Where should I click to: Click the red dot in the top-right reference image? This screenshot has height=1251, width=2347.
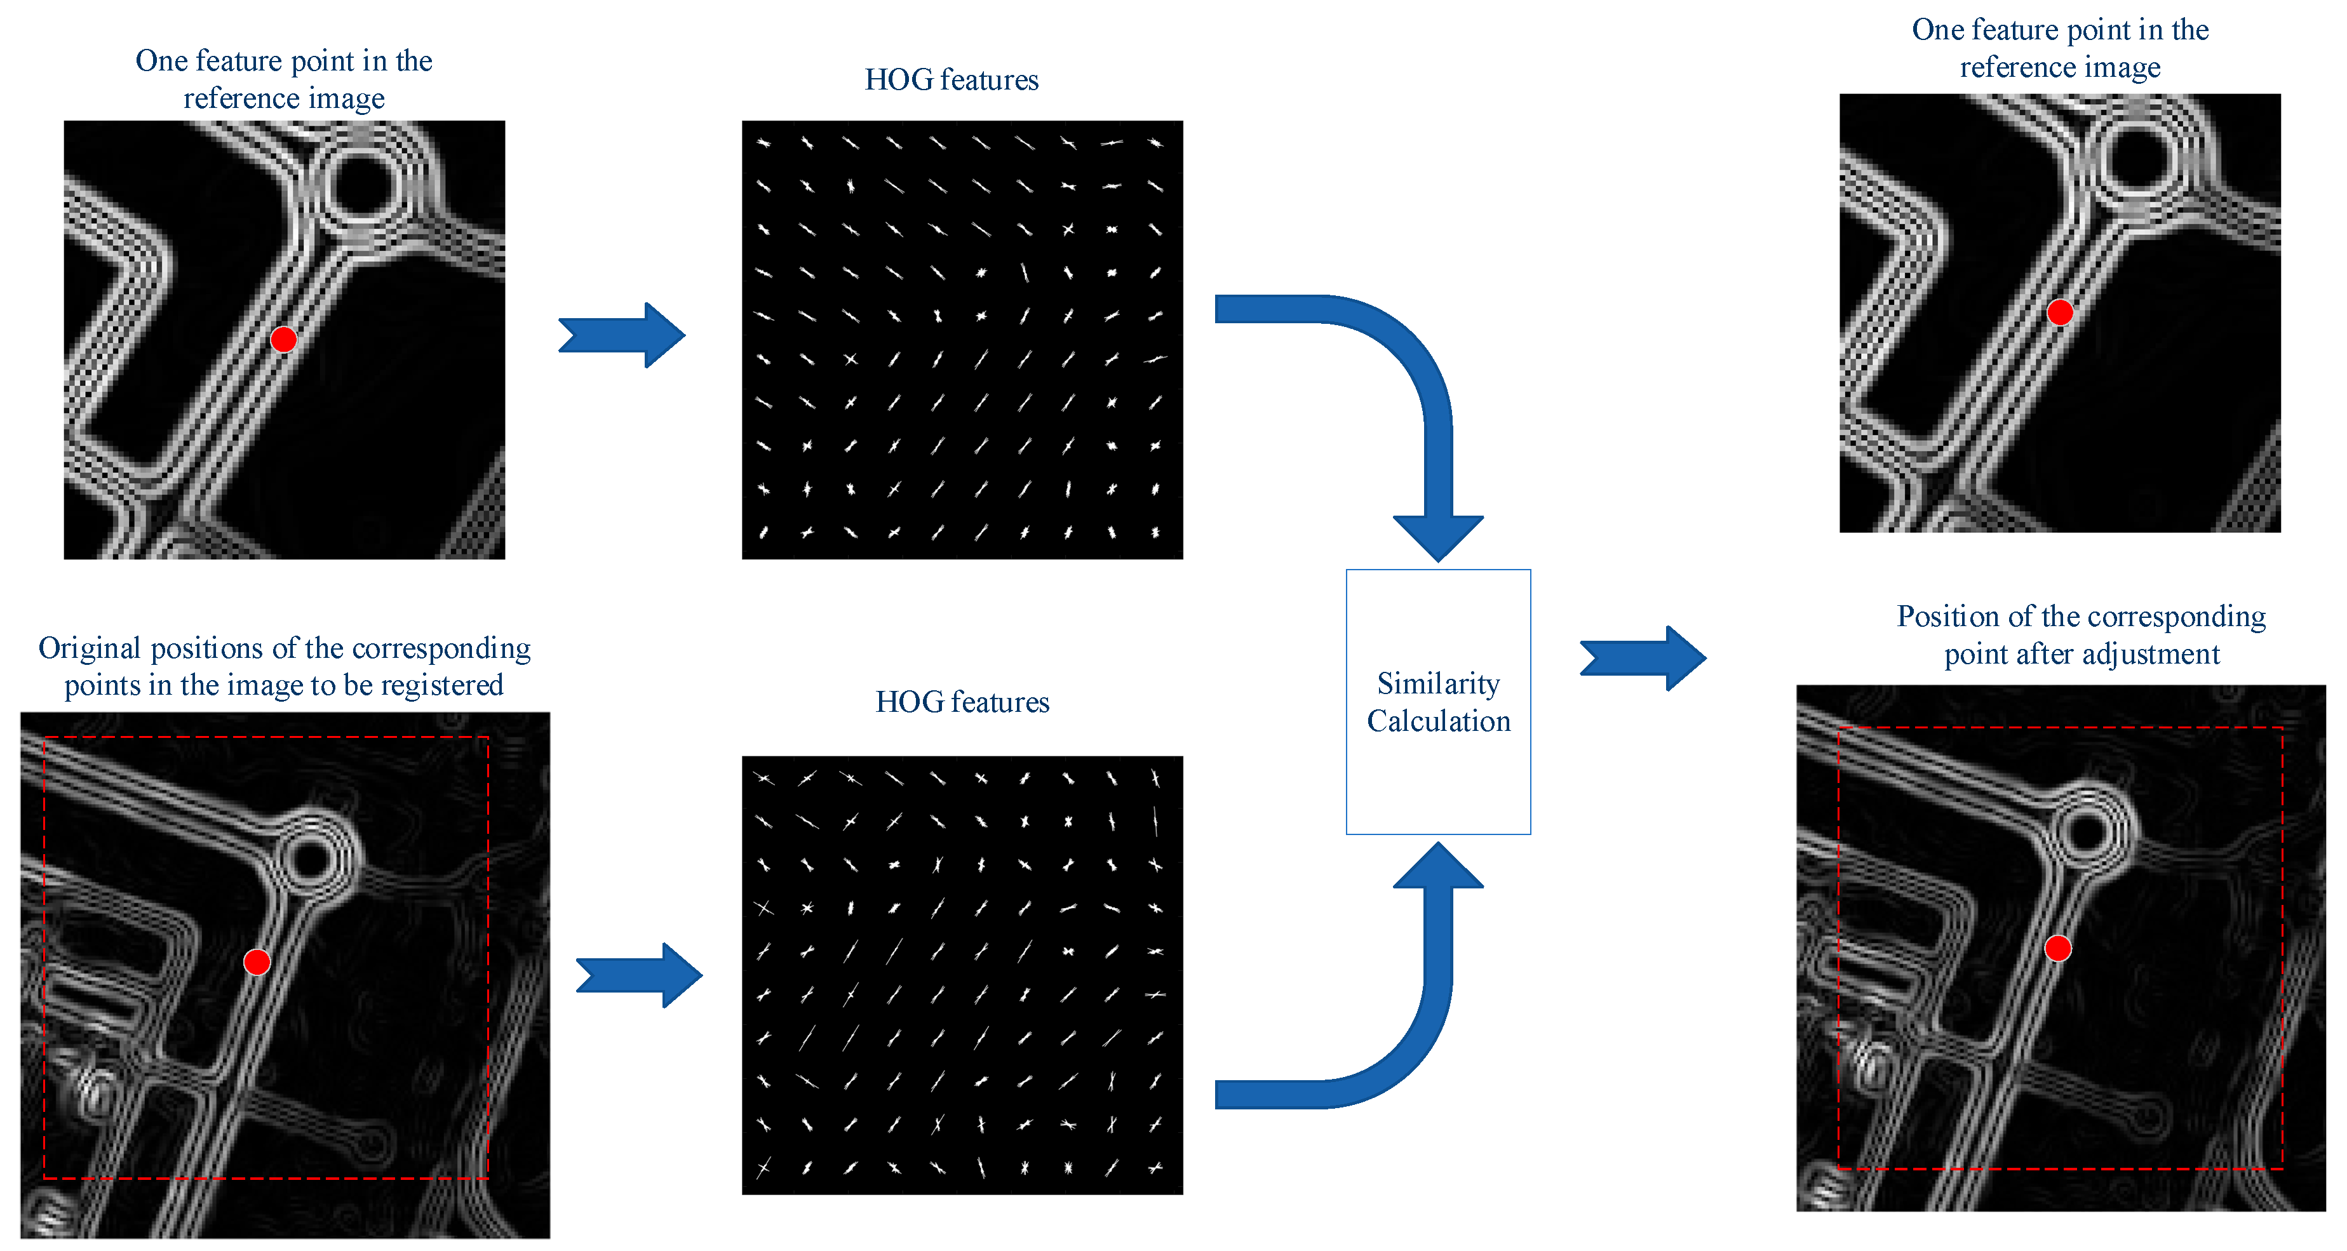(2059, 312)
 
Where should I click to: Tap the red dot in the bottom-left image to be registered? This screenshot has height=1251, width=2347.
(257, 962)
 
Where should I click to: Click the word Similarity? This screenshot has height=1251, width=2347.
(1437, 683)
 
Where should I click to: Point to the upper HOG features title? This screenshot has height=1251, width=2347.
(952, 80)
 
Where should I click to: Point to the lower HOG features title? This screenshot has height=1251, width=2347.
(962, 702)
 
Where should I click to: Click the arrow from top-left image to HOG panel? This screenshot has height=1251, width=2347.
(622, 335)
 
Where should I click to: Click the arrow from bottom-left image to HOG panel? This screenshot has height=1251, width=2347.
(640, 975)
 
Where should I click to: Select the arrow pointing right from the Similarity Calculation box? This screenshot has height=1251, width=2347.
(1643, 658)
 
